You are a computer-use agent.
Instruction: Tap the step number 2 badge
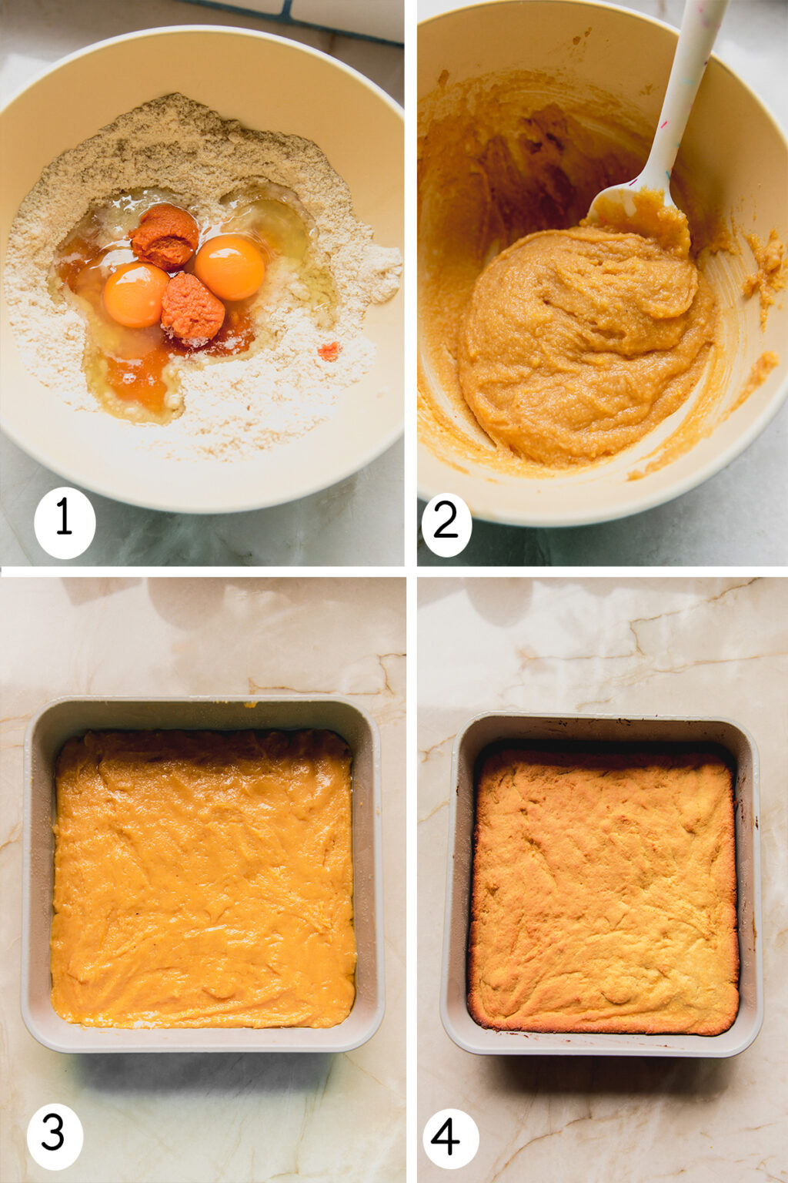click(446, 523)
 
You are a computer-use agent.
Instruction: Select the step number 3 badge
click(55, 1134)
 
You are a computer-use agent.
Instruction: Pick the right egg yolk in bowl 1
click(229, 267)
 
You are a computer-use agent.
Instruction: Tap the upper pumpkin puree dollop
click(164, 236)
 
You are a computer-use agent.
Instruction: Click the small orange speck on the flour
click(329, 352)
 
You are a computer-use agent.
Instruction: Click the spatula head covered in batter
click(635, 204)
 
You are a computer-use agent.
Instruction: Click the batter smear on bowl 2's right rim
click(765, 270)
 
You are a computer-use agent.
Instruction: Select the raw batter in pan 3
click(204, 878)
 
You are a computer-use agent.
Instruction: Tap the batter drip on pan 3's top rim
click(250, 704)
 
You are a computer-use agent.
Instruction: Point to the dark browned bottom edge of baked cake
click(604, 1028)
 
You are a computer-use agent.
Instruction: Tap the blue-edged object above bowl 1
click(323, 19)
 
